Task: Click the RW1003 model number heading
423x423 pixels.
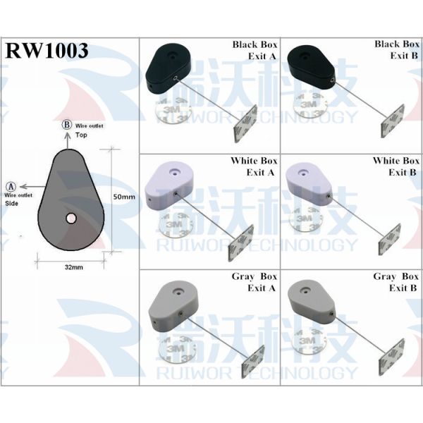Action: coord(47,51)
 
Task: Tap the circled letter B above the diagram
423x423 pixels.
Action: coord(67,124)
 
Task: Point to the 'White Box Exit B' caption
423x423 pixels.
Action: coord(396,166)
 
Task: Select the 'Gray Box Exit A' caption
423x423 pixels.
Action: coord(255,282)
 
